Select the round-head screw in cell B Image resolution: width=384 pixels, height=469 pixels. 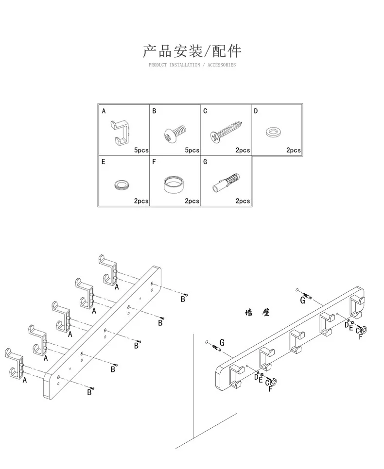point(175,134)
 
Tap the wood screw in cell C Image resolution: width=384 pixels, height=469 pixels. point(226,131)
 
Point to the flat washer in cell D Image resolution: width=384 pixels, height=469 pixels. point(273,132)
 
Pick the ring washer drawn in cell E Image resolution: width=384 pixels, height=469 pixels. point(122,184)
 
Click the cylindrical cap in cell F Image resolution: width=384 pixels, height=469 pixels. point(174,183)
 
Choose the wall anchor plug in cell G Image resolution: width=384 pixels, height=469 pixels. point(226,182)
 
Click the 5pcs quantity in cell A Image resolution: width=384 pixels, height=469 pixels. point(141,150)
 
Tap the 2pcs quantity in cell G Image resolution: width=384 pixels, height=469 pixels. point(243,201)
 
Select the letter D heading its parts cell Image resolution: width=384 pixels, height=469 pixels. point(256,111)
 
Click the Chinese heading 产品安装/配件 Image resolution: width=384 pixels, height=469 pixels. point(192,51)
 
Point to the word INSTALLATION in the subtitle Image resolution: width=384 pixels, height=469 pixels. point(185,65)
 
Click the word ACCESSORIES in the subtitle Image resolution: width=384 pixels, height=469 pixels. point(222,65)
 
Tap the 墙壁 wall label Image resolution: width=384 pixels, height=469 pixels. point(257,313)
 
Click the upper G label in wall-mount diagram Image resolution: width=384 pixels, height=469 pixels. point(303,300)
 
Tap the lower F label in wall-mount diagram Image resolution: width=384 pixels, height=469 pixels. point(270,389)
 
